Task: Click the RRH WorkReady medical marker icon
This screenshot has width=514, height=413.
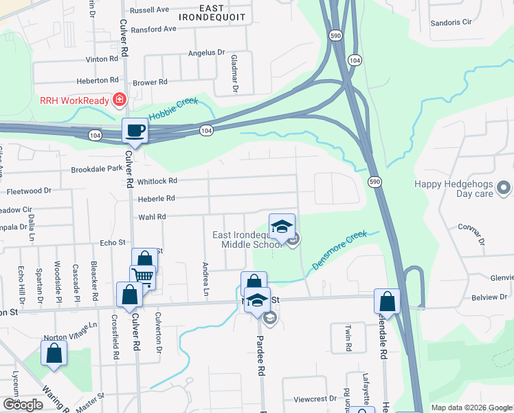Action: point(120,100)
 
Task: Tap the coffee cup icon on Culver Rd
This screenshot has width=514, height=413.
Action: point(135,129)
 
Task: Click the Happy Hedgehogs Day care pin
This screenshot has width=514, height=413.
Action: point(504,187)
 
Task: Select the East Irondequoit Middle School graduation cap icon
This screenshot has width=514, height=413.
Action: point(282,226)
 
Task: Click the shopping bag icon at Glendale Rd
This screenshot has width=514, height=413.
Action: point(388,301)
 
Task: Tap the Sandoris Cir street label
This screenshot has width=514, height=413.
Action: point(451,22)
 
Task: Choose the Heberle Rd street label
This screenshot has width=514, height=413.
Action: point(157,198)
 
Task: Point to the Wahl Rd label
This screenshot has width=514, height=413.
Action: point(153,216)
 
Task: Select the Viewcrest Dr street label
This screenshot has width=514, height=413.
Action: point(315,399)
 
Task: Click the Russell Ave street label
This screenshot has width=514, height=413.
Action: point(149,10)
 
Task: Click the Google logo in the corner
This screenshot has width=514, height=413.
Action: point(23,405)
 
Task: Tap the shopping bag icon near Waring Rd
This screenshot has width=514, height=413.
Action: point(54,353)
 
